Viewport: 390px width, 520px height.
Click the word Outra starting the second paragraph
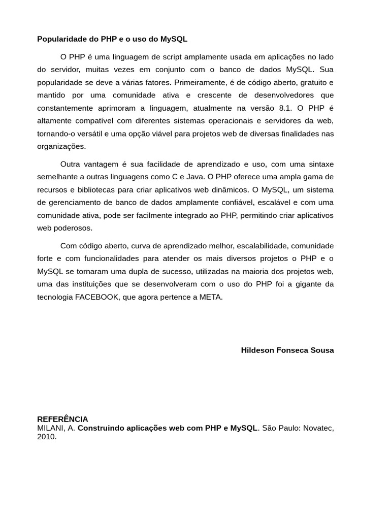click(x=72, y=164)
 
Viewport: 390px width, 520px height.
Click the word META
click(x=211, y=297)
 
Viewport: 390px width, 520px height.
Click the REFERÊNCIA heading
click(x=62, y=419)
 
